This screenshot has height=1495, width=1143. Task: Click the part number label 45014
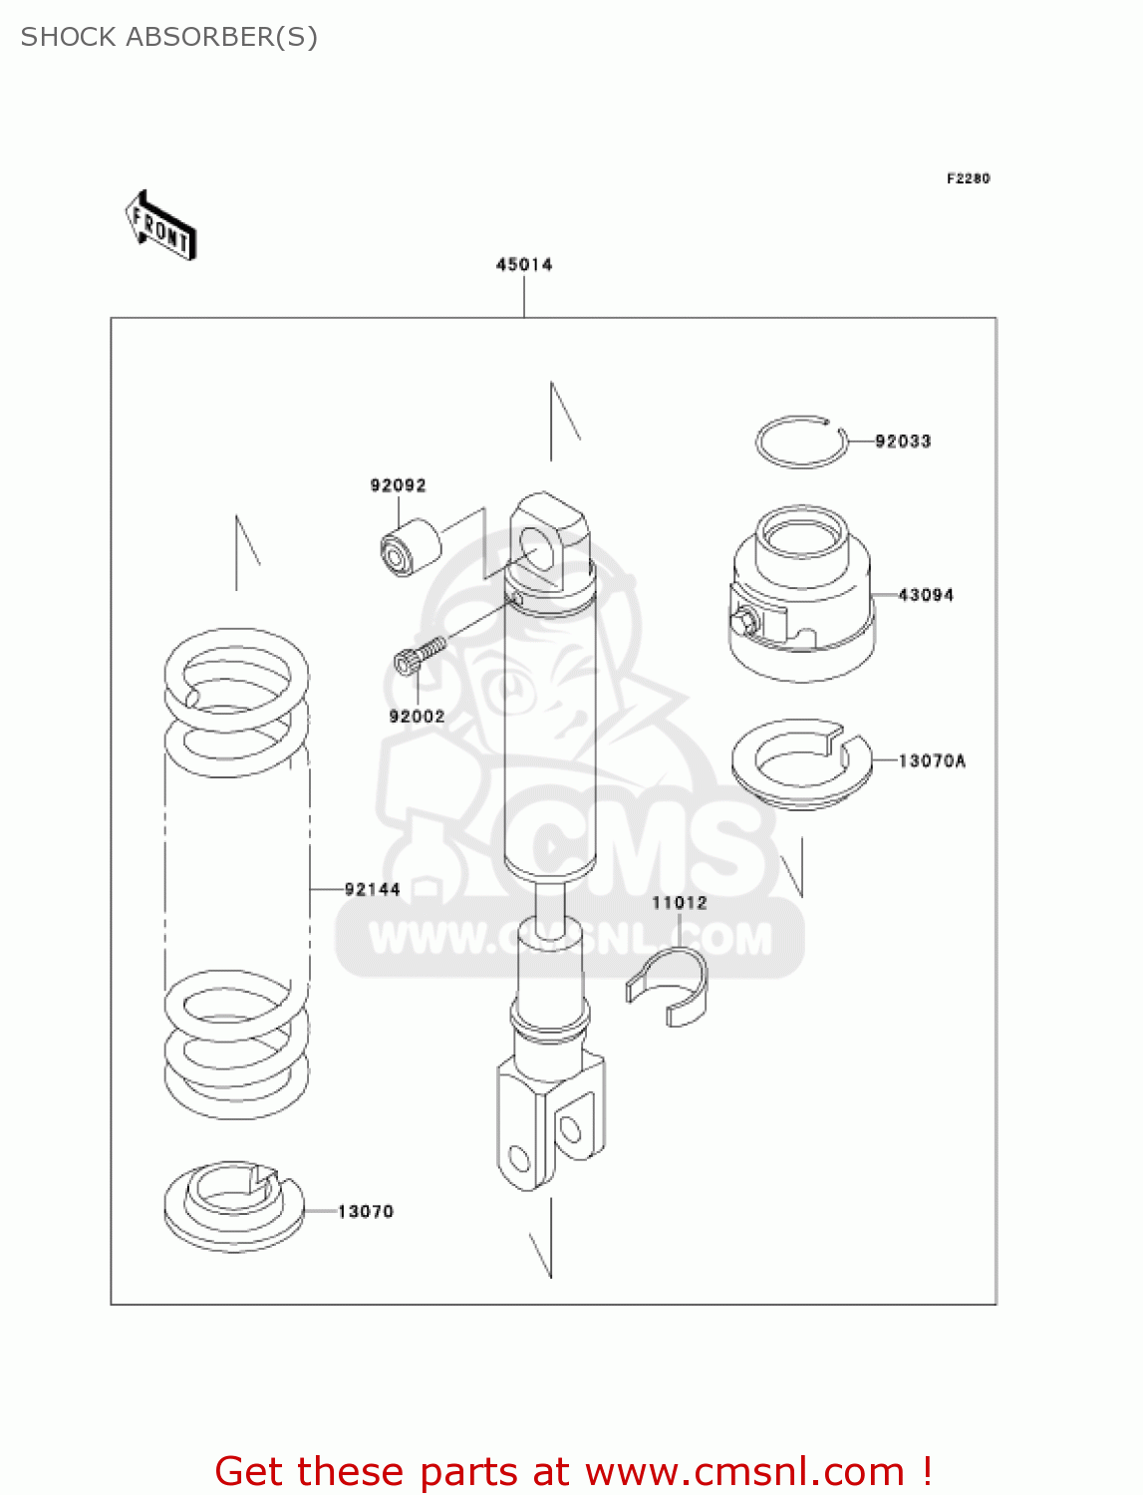[524, 264]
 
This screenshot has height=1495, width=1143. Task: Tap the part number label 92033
[903, 441]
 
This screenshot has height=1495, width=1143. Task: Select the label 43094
[926, 595]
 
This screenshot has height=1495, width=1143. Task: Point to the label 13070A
[932, 760]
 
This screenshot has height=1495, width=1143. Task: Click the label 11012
[680, 903]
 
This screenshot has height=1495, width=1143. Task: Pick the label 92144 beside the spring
[372, 889]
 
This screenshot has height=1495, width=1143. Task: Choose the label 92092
[398, 485]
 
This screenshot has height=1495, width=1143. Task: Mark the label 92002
[417, 717]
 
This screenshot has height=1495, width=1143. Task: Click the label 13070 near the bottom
[366, 1211]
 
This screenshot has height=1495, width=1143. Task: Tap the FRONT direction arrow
[160, 226]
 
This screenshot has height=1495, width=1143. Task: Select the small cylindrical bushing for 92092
[410, 547]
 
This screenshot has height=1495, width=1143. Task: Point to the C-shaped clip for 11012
[669, 987]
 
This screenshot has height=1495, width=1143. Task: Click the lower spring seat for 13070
[233, 1206]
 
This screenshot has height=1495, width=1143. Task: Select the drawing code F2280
[968, 178]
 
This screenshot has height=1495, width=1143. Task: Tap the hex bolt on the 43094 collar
[742, 623]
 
